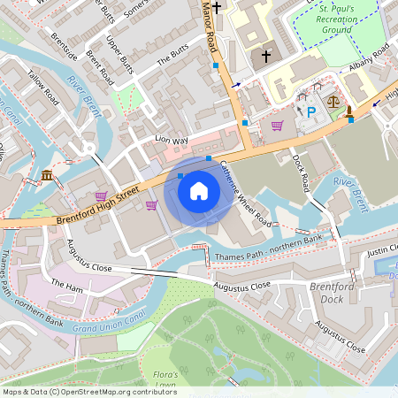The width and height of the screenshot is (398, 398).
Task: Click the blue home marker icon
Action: (x=199, y=190)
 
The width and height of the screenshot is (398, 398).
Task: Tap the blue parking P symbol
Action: (x=310, y=111)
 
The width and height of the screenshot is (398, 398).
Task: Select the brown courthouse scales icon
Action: (x=333, y=101)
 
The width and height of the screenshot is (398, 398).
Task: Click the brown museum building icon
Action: (x=46, y=176)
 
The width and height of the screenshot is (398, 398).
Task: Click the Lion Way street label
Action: (x=172, y=140)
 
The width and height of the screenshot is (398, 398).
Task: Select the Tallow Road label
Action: (x=42, y=86)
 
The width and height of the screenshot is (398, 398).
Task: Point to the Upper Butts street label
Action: (x=120, y=55)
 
